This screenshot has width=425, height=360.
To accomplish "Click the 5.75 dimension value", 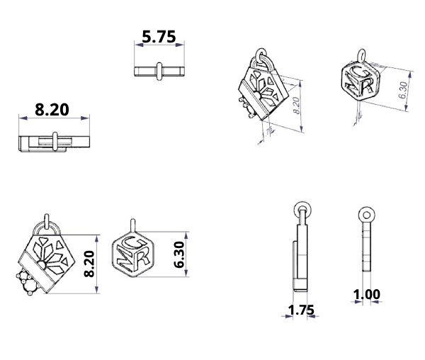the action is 159,37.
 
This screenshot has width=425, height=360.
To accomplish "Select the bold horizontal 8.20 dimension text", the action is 52,110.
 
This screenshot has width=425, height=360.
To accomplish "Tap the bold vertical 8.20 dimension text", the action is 89,264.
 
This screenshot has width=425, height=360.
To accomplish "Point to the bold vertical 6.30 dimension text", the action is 179,254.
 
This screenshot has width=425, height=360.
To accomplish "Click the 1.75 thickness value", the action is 301,310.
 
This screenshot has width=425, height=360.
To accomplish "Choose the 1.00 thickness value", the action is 367,294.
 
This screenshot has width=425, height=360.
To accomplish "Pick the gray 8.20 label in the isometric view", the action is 296,106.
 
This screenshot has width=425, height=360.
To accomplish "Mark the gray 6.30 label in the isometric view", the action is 403,90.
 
